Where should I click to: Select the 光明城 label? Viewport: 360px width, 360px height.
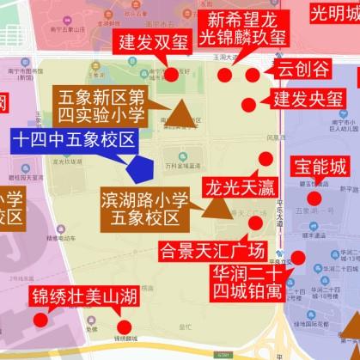point(335,14)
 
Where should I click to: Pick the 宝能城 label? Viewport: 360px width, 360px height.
point(319,166)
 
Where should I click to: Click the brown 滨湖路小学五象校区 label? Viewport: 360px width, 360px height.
point(141,207)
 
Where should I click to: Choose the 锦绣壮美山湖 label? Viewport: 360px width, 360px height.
point(83,298)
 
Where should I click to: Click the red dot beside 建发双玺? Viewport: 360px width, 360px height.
point(172,74)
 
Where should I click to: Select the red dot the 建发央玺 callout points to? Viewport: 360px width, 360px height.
point(248,105)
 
